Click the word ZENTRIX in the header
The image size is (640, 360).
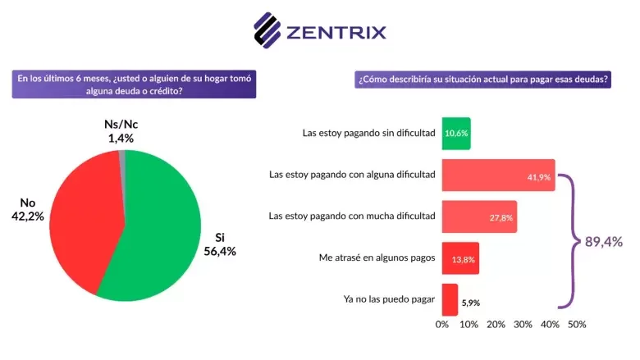[x=336, y=32]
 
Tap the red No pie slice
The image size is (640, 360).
[x=78, y=221]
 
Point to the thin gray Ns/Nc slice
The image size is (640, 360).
[x=122, y=156]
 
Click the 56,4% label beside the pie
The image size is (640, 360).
[x=220, y=252]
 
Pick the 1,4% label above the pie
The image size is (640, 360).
[x=121, y=139]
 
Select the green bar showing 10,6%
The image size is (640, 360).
[x=456, y=133]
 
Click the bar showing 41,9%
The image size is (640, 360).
[x=498, y=175]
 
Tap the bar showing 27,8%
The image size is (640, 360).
[x=479, y=216]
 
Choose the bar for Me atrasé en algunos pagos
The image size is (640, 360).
[x=460, y=258]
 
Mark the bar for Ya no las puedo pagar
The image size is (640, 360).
[x=450, y=299]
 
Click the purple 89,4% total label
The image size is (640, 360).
[x=603, y=241]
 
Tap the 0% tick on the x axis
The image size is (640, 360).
[x=442, y=325]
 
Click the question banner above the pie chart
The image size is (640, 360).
[x=135, y=84]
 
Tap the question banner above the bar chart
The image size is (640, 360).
[x=483, y=80]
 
